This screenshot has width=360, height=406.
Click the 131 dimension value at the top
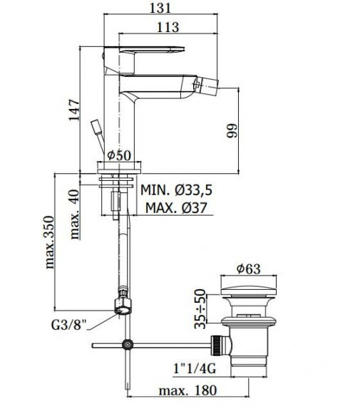pyautogui.click(x=160, y=8)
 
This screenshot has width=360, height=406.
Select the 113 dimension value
pyautogui.click(x=168, y=27)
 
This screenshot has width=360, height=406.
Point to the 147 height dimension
pyautogui.click(x=75, y=110)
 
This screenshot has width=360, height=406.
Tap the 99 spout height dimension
pyautogui.click(x=232, y=130)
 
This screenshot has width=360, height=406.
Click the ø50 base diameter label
pyautogui.click(x=119, y=155)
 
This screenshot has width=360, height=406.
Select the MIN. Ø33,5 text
pyautogui.click(x=176, y=189)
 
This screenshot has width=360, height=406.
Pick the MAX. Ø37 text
pyautogui.click(x=176, y=208)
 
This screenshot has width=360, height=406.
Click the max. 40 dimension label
pyautogui.click(x=75, y=214)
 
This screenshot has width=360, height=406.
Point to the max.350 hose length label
pyautogui.click(x=49, y=242)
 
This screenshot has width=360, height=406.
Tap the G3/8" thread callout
pyautogui.click(x=68, y=325)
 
